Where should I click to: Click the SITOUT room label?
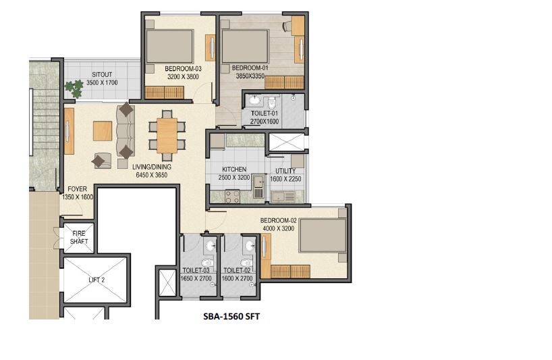coord(102,74)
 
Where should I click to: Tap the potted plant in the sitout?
coord(70,88)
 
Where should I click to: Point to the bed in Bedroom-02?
coord(321,236)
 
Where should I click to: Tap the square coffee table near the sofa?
coord(103,130)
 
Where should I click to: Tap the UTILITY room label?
coord(287,171)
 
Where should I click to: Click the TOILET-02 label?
coord(238,271)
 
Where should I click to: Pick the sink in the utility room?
coord(285,197)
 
